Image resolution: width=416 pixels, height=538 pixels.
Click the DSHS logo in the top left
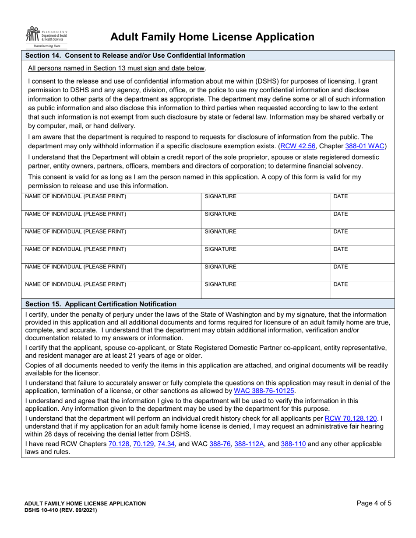point(46,37)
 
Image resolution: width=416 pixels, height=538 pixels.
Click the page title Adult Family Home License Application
point(212,37)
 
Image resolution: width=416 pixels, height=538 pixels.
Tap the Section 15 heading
point(101,304)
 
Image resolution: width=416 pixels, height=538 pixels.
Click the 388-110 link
point(293,444)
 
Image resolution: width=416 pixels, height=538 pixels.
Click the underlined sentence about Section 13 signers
point(116,68)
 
